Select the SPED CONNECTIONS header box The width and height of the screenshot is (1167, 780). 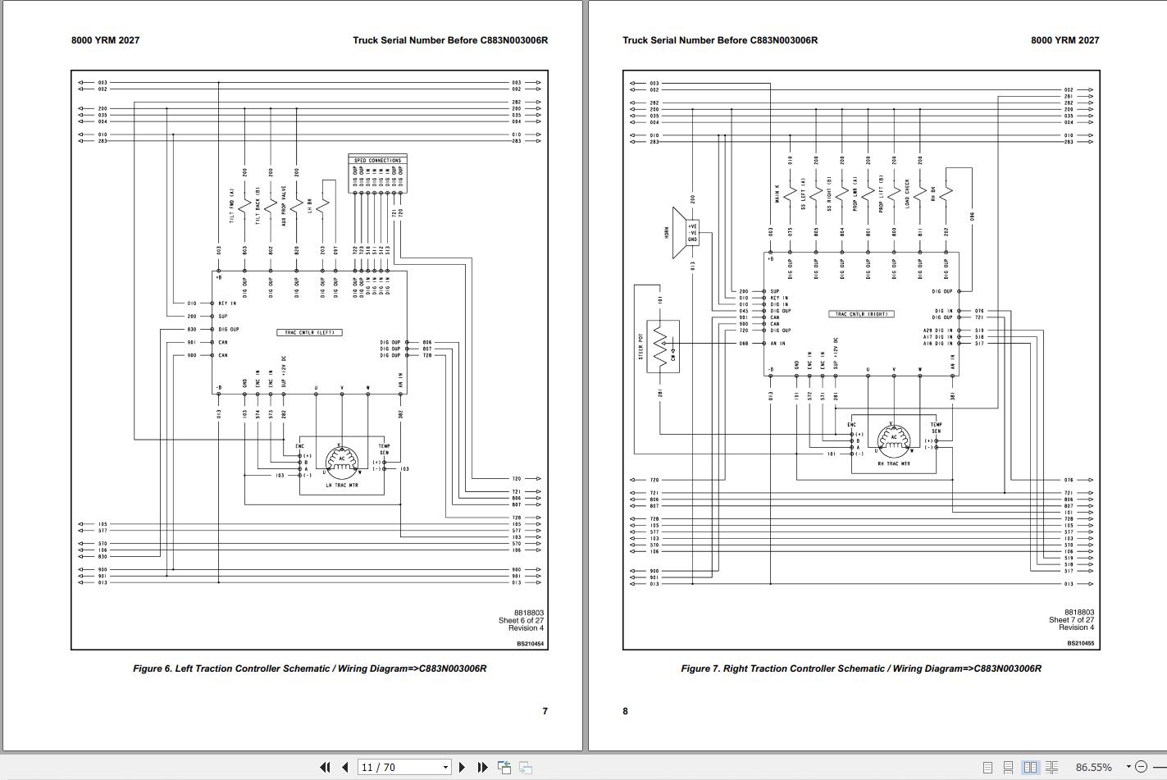377,160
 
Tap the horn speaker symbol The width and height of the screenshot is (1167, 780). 679,233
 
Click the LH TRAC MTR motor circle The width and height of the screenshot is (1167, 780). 342,460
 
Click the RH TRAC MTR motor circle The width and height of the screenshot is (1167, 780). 893,439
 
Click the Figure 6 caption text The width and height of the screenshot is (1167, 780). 309,668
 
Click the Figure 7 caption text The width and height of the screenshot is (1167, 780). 860,668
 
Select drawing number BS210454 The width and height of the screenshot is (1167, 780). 530,644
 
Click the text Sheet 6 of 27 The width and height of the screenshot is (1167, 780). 521,621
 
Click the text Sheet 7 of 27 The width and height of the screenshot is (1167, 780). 1071,620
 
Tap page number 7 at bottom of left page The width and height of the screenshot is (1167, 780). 545,711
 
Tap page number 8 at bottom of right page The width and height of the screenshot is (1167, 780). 625,711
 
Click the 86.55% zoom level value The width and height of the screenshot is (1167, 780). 1093,768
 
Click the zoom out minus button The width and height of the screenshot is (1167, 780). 1141,767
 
